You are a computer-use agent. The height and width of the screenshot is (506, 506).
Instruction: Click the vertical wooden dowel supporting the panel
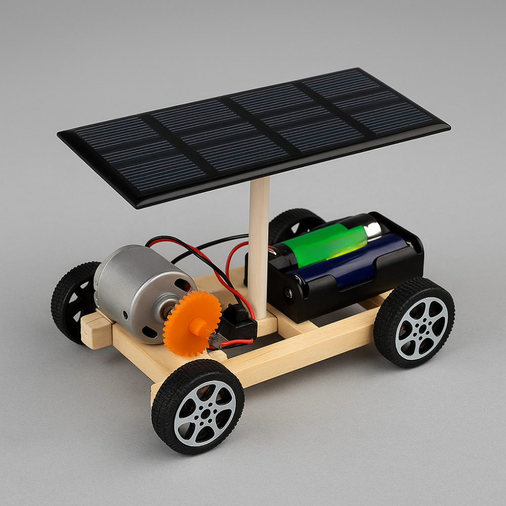click(x=259, y=243)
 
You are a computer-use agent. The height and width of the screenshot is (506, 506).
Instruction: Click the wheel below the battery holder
click(x=414, y=321)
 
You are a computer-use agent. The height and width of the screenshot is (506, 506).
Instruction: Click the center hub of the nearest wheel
click(x=205, y=412)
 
